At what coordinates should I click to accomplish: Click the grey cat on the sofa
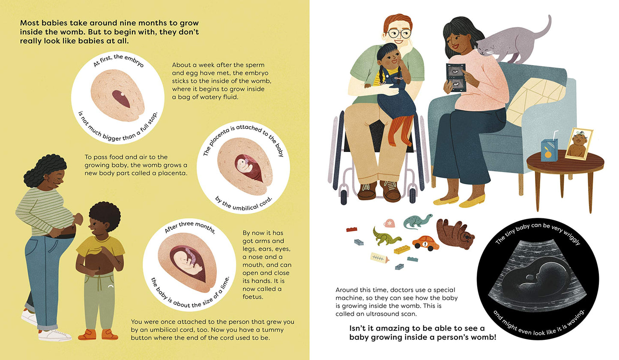(x=511, y=42)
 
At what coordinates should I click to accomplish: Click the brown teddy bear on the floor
(x=455, y=234)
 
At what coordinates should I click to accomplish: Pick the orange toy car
(x=426, y=243)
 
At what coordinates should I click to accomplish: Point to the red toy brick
(x=352, y=229)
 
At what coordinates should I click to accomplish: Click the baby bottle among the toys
(x=380, y=259)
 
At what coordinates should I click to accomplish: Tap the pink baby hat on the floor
(x=389, y=223)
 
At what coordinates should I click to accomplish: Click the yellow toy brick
(x=402, y=250)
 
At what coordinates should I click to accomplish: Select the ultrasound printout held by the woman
(x=456, y=77)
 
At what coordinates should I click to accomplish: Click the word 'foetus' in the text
(x=253, y=297)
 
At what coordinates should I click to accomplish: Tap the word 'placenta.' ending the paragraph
(x=173, y=173)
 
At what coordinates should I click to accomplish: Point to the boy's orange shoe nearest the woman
(x=87, y=334)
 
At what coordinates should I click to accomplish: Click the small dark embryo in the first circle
(x=121, y=98)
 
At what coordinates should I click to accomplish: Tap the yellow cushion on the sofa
(x=533, y=101)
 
